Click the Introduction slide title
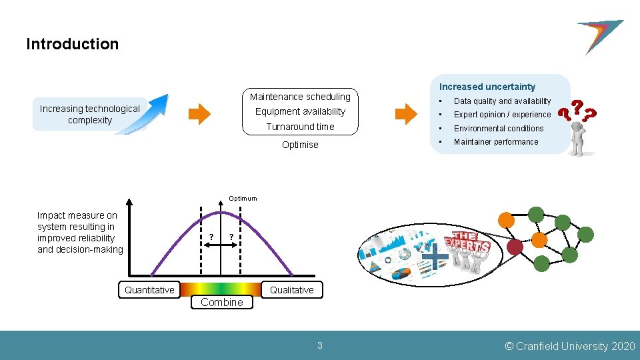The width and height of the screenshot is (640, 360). tap(72, 44)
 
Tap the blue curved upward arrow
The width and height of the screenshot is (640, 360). tap(148, 113)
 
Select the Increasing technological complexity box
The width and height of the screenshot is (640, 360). tap(89, 115)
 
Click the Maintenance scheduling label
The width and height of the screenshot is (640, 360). tap(300, 97)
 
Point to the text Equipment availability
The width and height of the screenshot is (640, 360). tap(300, 111)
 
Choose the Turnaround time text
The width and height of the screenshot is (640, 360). tap(300, 127)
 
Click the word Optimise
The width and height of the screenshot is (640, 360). tap(300, 145)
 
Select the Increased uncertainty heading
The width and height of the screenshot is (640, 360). tap(487, 87)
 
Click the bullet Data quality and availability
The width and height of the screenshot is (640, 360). tap(502, 101)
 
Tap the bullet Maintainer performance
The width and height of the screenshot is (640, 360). tap(496, 142)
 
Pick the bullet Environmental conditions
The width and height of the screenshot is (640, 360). tap(499, 129)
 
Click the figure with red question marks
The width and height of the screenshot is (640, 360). tap(577, 129)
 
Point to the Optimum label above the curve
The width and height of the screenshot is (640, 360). tap(242, 199)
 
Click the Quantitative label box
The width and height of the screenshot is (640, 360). tap(149, 289)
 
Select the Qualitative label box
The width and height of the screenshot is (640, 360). tap(291, 289)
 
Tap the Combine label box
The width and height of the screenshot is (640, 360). tap(222, 302)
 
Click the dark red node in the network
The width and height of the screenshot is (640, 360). tap(515, 247)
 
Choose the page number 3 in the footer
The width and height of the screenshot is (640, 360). tap(319, 345)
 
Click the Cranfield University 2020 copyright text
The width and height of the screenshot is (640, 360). tap(570, 346)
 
